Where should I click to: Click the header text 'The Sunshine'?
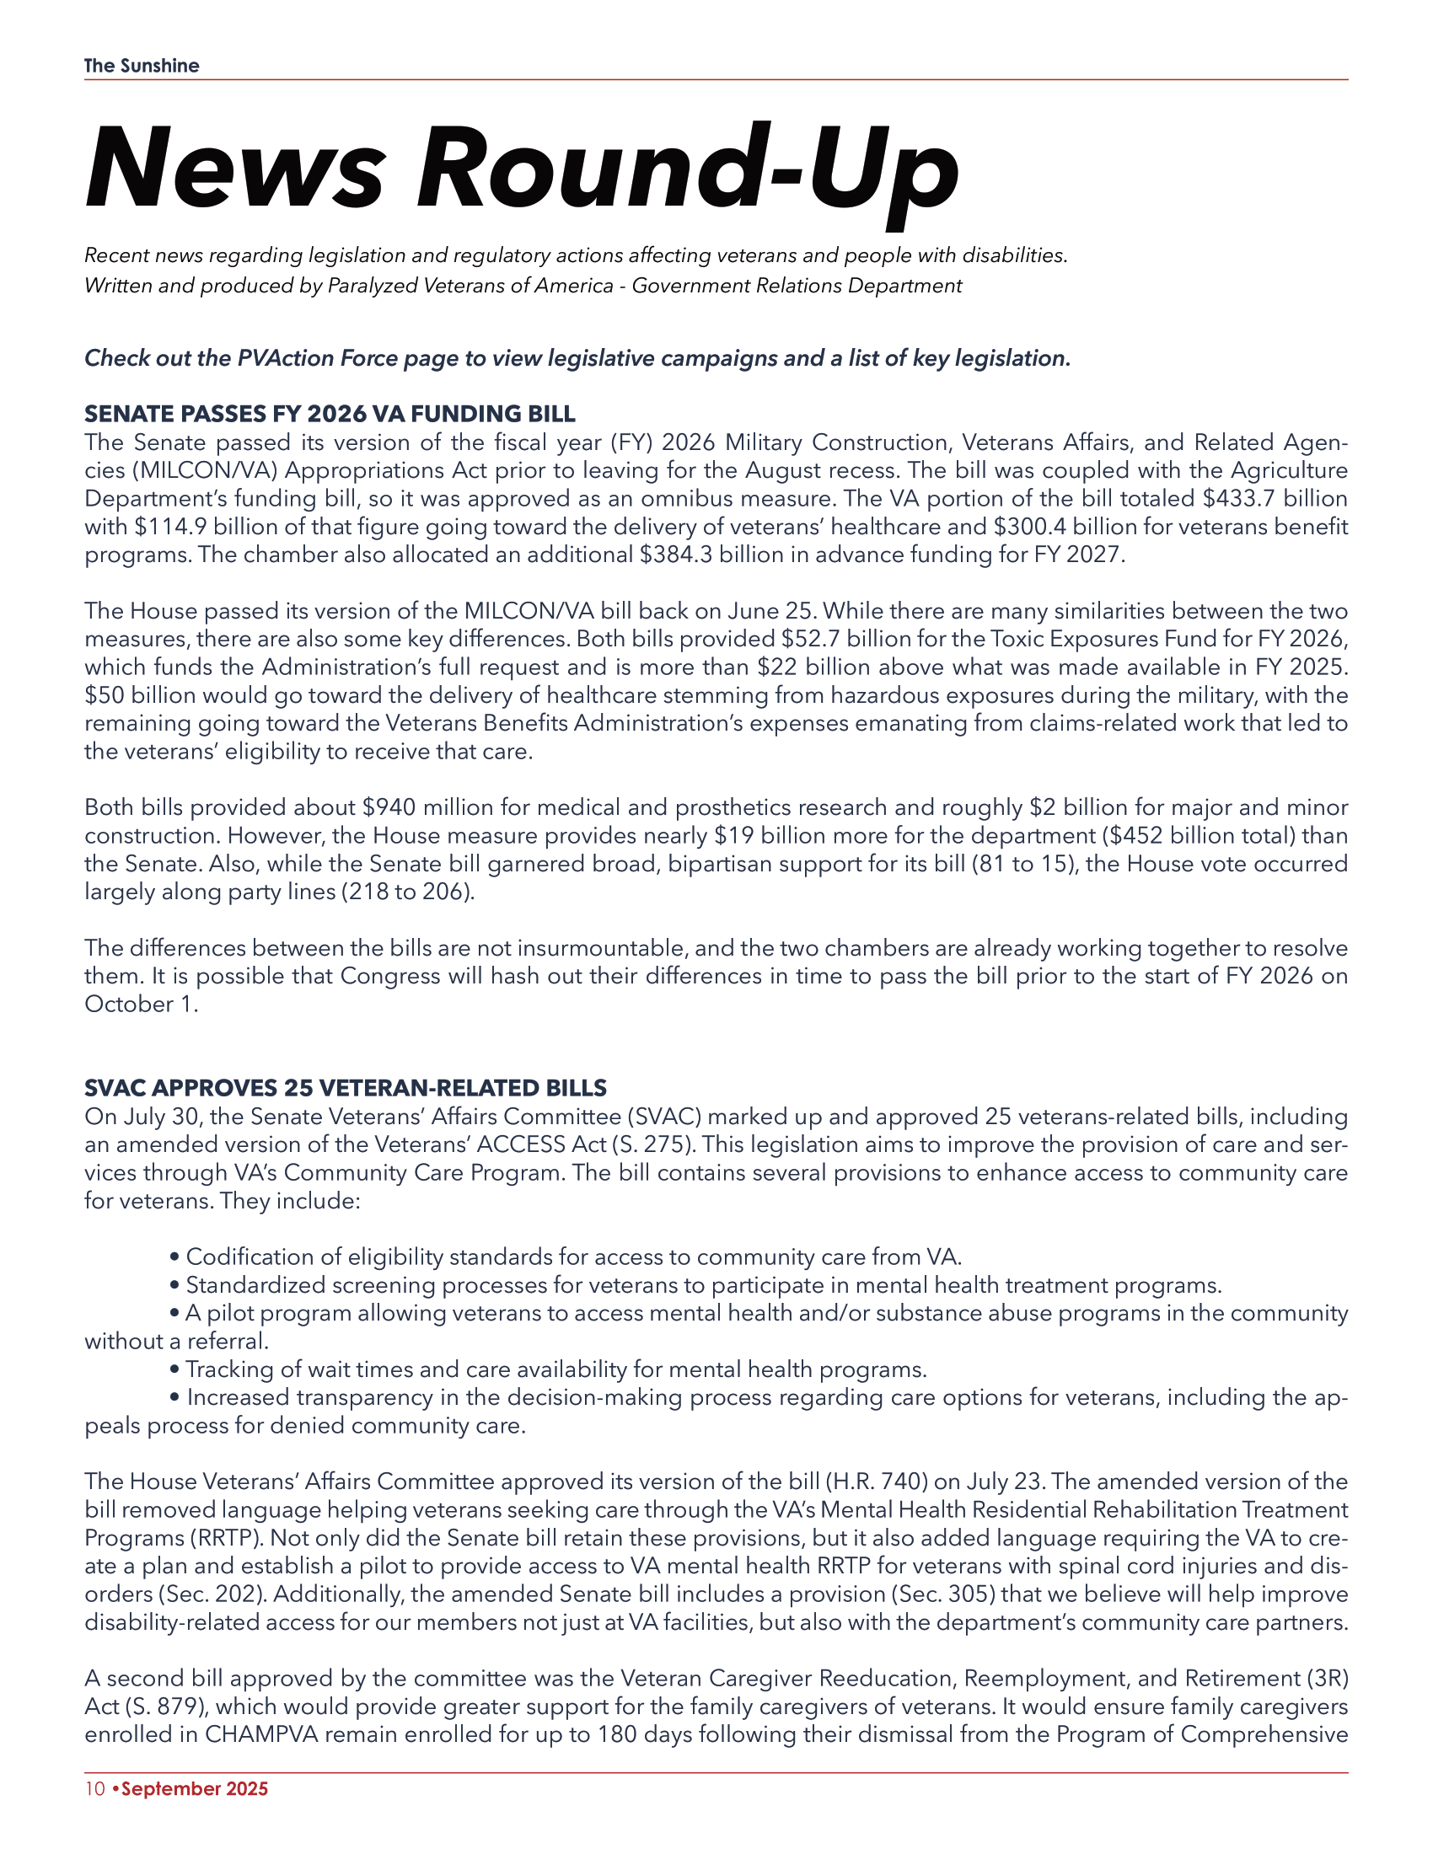pyautogui.click(x=142, y=67)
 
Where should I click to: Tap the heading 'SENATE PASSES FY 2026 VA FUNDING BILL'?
pyautogui.click(x=330, y=415)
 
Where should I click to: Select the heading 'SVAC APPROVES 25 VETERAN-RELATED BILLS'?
pyautogui.click(x=346, y=1088)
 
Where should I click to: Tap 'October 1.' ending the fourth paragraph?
pyautogui.click(x=141, y=1005)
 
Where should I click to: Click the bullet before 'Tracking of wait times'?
pyautogui.click(x=174, y=1370)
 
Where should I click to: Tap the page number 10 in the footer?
pyautogui.click(x=94, y=1788)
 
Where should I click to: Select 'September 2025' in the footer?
pyautogui.click(x=195, y=1788)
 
